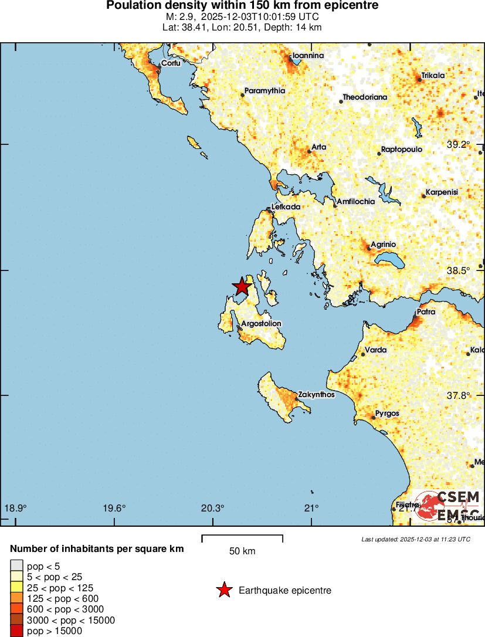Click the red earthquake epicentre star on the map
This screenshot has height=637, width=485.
point(241,286)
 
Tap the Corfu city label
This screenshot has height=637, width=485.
point(171,63)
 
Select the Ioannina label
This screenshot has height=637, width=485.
point(308,56)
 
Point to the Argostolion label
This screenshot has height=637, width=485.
point(262,324)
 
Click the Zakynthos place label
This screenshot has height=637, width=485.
point(316,395)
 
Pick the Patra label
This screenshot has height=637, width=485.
point(426,312)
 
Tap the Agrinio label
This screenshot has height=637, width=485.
point(384,244)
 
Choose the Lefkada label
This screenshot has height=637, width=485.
point(286,207)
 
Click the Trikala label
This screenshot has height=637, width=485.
point(433,76)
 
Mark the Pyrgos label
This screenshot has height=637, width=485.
point(387,414)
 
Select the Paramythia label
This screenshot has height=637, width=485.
point(264,91)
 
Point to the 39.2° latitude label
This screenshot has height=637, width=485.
point(459,144)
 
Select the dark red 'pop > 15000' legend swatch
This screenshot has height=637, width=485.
point(16,631)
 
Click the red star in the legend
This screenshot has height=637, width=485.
point(224,590)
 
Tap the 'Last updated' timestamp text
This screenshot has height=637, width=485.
point(416,539)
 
